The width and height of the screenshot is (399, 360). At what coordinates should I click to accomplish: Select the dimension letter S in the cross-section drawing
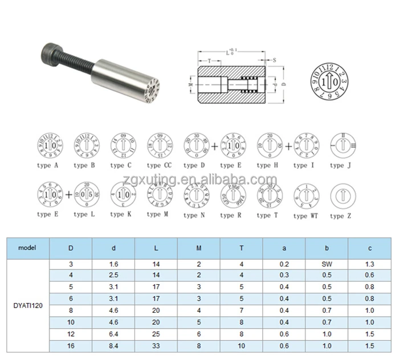coord(274,59)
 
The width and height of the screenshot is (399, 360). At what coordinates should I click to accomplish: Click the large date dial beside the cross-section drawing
coord(328,81)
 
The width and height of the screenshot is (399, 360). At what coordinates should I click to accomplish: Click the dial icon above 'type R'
coord(231,195)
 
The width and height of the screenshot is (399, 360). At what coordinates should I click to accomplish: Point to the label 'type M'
coord(158,214)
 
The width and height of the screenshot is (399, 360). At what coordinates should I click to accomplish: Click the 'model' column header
coord(27,248)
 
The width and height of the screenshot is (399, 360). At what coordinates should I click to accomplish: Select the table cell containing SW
coord(327,264)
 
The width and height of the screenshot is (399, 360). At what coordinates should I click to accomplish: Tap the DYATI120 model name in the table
coord(27,306)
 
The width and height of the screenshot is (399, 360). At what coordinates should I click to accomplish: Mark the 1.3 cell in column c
coord(369,264)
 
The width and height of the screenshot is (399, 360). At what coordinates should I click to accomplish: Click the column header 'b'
coord(327,248)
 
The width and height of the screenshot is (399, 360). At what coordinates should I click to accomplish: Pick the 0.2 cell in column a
coord(284,264)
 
